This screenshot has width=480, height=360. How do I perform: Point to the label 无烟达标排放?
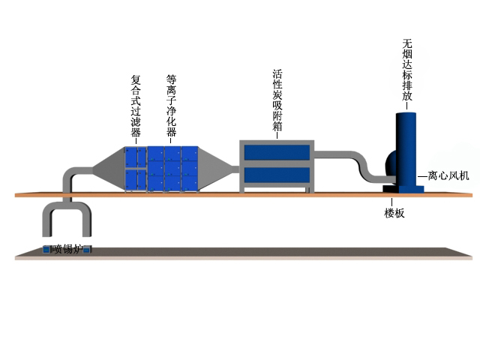tap(407, 69)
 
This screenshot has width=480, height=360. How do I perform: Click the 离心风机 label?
tap(448, 176)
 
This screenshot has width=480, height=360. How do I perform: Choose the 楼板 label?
tap(394, 213)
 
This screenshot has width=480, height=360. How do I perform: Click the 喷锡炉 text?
tap(67, 249)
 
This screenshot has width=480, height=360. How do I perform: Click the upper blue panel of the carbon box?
tap(277, 153)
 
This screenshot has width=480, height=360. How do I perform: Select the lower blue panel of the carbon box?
tap(277, 177)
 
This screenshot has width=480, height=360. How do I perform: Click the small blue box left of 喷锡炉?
tap(46, 249)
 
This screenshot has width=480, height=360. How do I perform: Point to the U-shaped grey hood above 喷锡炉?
tap(67, 217)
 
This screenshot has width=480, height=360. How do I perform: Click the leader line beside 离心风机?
tap(422, 176)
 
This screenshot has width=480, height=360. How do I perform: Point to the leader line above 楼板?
tap(394, 202)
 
